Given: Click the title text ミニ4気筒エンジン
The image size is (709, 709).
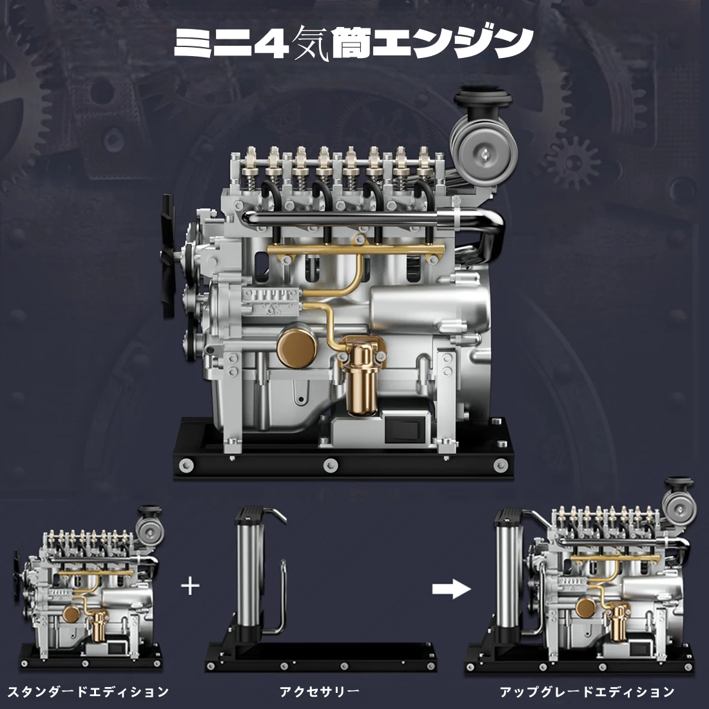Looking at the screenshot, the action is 354,43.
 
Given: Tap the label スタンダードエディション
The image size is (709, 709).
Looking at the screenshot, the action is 88,692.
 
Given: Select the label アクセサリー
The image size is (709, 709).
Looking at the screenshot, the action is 319,692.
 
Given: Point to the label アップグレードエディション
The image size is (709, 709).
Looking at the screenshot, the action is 587,692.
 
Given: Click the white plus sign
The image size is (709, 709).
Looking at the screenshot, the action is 190,587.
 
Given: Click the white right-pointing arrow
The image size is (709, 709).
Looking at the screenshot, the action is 451,588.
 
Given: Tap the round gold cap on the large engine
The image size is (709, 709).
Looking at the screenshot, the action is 296,347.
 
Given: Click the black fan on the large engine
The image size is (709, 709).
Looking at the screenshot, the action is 168,255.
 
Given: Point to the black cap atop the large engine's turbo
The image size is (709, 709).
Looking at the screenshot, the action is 483,97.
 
